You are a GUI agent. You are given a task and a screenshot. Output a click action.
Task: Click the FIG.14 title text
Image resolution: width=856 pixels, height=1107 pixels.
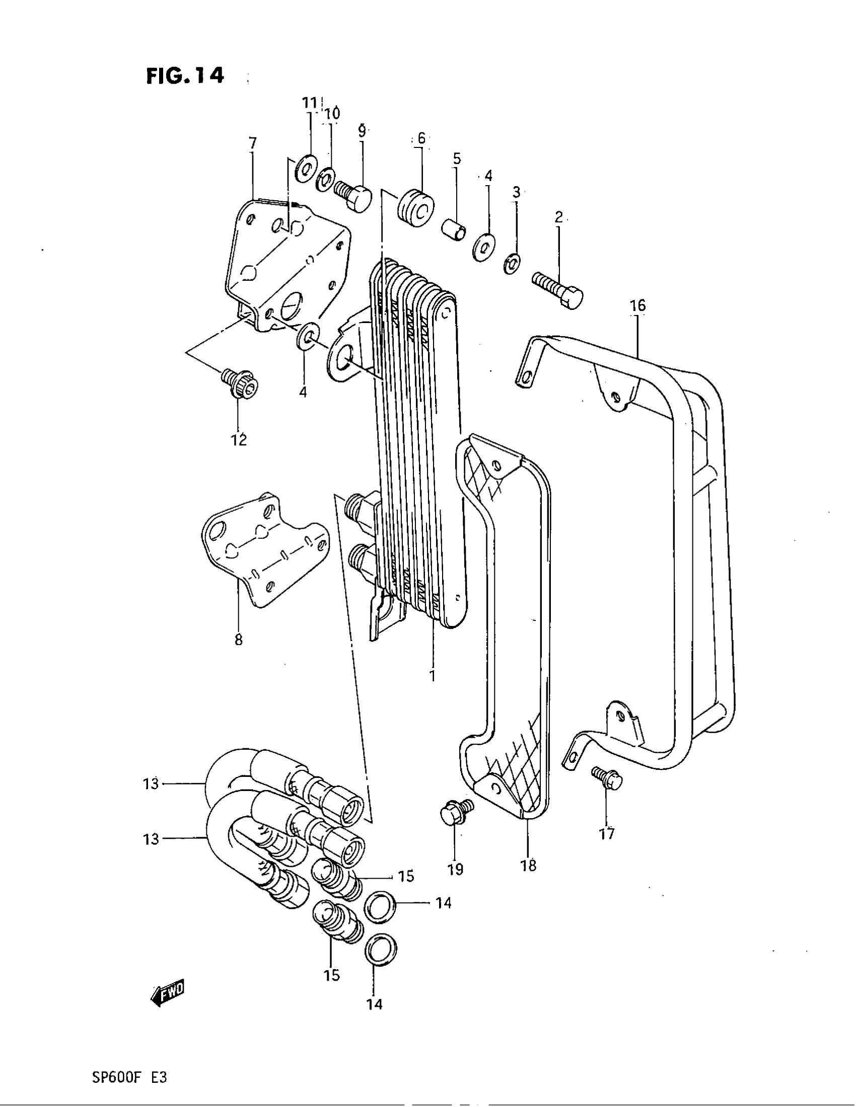click(185, 76)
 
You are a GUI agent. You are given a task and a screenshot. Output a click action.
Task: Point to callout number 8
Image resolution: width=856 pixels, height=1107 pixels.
click(238, 640)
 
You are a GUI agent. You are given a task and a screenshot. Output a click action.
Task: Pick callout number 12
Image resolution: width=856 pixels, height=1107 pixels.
click(239, 439)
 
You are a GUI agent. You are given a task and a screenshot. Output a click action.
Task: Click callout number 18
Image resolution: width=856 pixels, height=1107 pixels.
click(528, 865)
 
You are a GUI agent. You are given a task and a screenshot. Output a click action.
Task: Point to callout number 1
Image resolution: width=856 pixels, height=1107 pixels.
click(432, 675)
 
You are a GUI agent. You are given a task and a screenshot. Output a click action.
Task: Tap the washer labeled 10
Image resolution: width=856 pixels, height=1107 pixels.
click(325, 180)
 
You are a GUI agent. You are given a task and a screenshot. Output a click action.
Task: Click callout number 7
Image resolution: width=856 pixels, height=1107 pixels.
click(252, 143)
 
